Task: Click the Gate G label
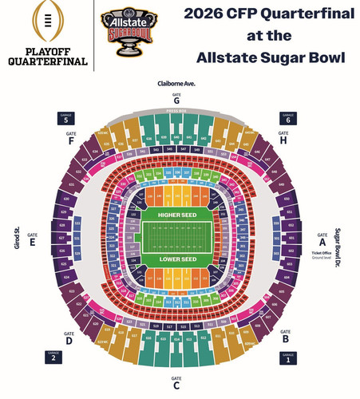(x=176, y=99)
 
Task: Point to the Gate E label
(x=33, y=239)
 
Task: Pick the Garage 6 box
(x=289, y=118)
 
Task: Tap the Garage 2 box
(x=53, y=357)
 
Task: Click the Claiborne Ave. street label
(x=176, y=83)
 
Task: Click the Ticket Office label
(x=322, y=255)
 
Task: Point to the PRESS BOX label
(x=176, y=112)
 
